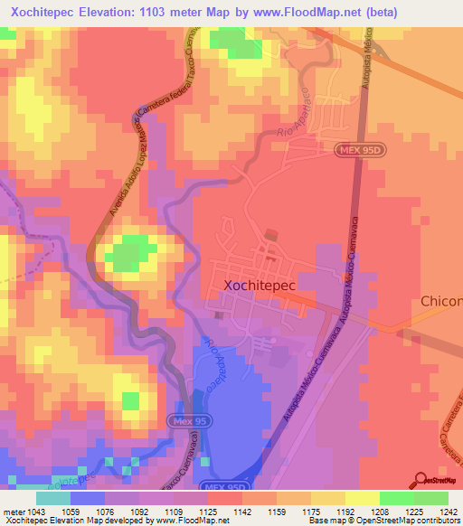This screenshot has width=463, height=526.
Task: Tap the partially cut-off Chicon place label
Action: (x=441, y=301)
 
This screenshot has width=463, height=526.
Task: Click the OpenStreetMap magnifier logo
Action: (x=420, y=479)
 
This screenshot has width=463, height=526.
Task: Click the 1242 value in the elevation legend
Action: (x=448, y=512)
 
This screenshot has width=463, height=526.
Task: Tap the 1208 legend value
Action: (x=380, y=512)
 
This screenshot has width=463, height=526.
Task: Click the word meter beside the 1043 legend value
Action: (x=14, y=512)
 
